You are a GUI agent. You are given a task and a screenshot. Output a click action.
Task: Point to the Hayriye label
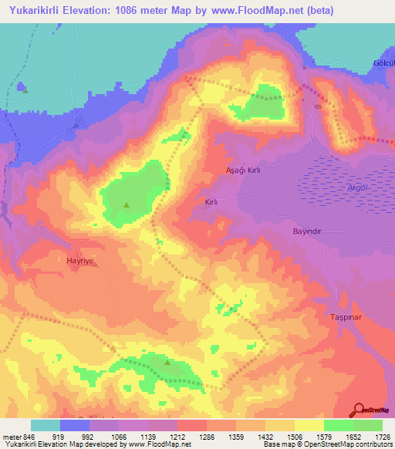(x=81, y=262)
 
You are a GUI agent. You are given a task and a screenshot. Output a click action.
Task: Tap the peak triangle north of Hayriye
(x=127, y=204)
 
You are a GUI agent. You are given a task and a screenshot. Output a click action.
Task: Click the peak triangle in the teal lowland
(x=25, y=90)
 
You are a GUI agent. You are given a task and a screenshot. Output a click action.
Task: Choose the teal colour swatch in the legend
(x=46, y=425)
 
